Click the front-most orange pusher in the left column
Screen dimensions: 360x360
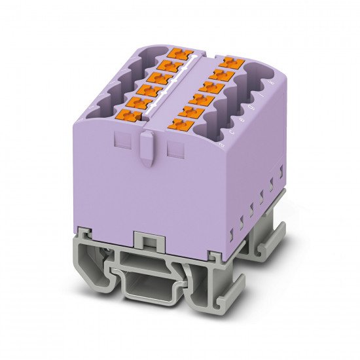click(129, 117)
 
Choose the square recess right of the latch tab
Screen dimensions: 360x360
click(174, 150)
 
